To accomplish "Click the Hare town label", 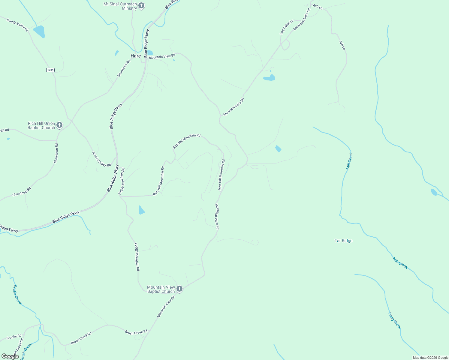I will click(x=136, y=56).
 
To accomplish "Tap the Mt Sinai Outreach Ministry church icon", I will click(x=141, y=6).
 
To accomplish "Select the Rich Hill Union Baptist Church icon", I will click(x=59, y=125).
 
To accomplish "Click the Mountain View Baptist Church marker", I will click(x=179, y=289).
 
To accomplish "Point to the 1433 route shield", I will click(x=50, y=70).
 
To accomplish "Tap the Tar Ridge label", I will click(x=343, y=241).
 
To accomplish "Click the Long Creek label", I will click(x=395, y=321).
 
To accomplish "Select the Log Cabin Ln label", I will click(x=287, y=27).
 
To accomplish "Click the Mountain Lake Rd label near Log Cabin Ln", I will click(x=302, y=19).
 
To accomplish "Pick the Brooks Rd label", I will click(x=14, y=337).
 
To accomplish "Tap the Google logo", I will click(x=10, y=356).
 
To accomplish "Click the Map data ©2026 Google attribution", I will click(x=430, y=358).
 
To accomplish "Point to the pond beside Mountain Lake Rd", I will click(x=269, y=78).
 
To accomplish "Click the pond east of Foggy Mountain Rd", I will click(x=141, y=210).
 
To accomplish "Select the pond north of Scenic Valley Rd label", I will click(x=39, y=31).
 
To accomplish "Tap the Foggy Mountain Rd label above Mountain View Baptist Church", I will click(x=137, y=257).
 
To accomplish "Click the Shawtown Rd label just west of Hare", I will click(x=124, y=68).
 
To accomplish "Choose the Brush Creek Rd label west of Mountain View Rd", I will click(x=81, y=338).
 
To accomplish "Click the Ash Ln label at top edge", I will click(x=318, y=7).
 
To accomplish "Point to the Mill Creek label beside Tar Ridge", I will click(x=400, y=263).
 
